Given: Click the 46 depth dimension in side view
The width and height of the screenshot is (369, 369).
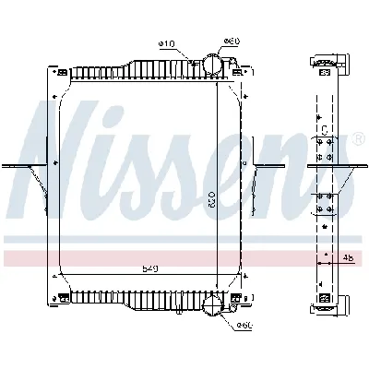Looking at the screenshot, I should click(349, 258).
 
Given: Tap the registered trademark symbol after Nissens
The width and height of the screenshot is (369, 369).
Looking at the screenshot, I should click(357, 138).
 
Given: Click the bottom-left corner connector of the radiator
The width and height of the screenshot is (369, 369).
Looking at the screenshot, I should click(63, 297).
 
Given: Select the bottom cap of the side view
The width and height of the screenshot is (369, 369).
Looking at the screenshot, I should click(328, 304).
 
